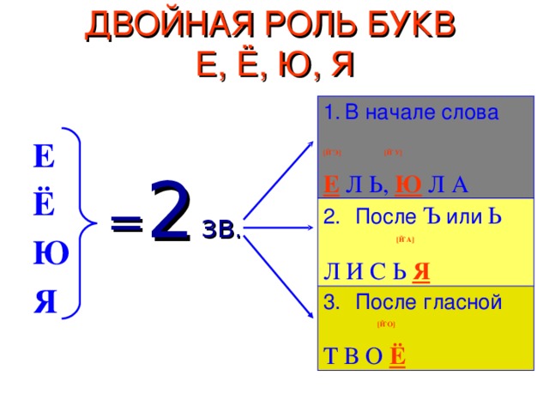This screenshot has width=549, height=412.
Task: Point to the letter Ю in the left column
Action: tap(45, 255)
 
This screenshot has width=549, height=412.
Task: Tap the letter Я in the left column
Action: tap(45, 302)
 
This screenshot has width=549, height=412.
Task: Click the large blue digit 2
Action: tap(169, 212)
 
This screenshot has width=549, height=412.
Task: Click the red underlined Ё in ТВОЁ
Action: tap(398, 356)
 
